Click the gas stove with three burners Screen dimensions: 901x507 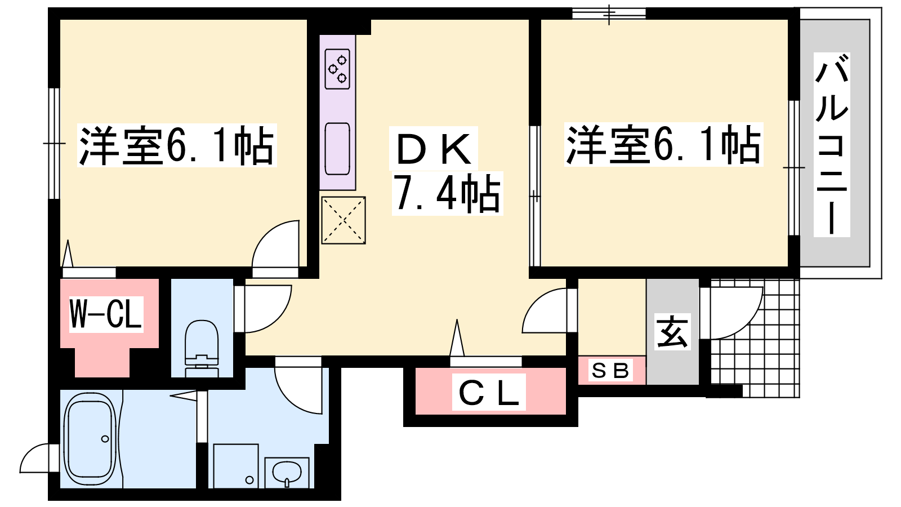point(337,69)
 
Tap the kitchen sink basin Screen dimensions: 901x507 point(337,149)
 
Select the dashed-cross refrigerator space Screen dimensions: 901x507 point(344,220)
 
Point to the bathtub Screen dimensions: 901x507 point(91,440)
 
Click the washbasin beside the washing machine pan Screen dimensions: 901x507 point(287,473)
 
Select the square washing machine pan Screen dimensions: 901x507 point(236,466)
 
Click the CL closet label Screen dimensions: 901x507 point(489,392)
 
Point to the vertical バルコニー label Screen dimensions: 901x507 point(831,150)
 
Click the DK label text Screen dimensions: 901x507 point(433,148)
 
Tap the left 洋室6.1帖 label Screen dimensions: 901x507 point(177,145)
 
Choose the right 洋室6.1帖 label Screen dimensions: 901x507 point(664,144)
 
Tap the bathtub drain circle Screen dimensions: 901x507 point(105,439)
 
